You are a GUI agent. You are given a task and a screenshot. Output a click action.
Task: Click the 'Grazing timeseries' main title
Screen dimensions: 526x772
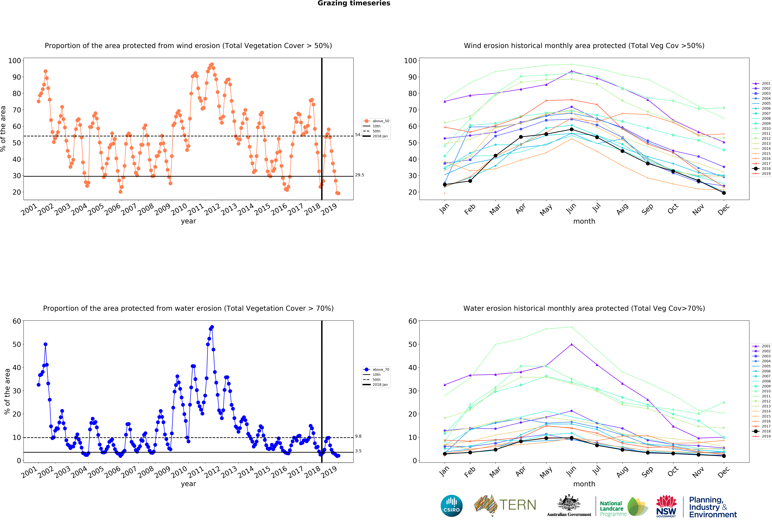(354, 3)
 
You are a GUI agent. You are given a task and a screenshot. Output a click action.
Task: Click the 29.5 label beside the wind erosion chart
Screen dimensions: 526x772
(359, 175)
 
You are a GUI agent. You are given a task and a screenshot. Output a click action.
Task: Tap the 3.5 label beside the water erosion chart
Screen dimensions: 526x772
(358, 451)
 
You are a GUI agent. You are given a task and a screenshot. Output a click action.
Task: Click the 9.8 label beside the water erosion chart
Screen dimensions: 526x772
(358, 436)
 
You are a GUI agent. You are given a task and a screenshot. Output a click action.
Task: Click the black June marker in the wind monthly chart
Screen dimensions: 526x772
(571, 130)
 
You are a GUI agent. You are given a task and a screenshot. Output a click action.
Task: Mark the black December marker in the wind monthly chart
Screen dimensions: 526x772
(724, 193)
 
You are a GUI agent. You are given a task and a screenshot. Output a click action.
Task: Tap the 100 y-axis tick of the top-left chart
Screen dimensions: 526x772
(15, 61)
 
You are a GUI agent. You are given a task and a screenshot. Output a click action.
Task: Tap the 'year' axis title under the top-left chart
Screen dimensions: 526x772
(188, 221)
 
